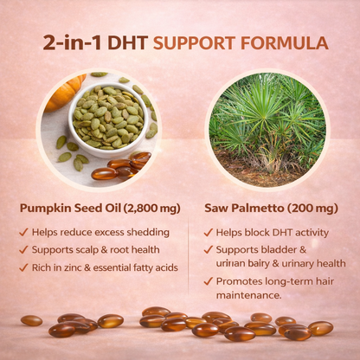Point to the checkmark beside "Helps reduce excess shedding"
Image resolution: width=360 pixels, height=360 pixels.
(23, 233)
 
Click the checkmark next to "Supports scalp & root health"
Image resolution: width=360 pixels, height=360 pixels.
(23, 250)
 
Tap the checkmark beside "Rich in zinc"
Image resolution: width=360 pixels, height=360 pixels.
(23, 267)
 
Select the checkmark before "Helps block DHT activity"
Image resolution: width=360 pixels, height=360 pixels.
(208, 233)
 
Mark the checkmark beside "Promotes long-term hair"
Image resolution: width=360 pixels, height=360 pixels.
(208, 281)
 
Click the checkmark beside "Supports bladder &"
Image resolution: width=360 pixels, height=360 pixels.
(208, 250)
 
